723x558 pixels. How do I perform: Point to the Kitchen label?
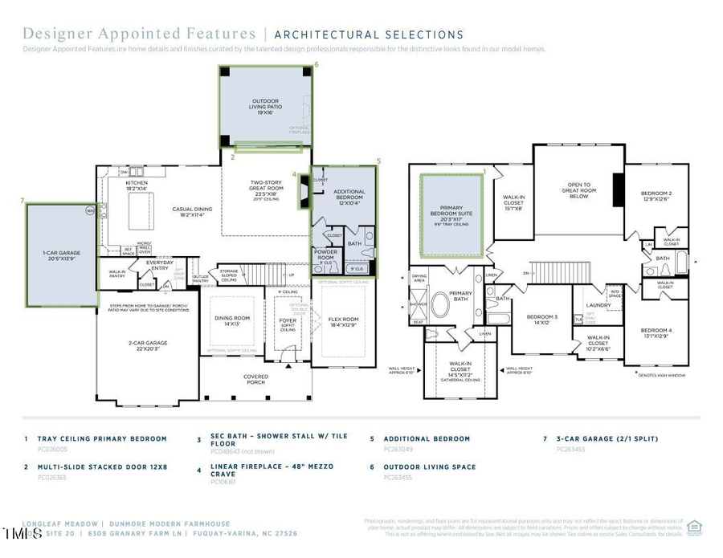137,185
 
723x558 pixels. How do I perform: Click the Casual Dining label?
193,212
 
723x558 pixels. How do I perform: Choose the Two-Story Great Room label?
265,188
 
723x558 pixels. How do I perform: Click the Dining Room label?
232,321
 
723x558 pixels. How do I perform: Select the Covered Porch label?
256,380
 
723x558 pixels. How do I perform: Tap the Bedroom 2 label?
656,196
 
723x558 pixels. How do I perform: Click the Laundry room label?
598,305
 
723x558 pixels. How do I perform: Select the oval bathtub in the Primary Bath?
440,306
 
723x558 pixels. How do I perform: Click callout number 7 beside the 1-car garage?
22,201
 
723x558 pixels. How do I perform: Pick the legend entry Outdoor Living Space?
429,466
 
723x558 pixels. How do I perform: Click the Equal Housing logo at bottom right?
694,527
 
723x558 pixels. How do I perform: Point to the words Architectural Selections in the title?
369,35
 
